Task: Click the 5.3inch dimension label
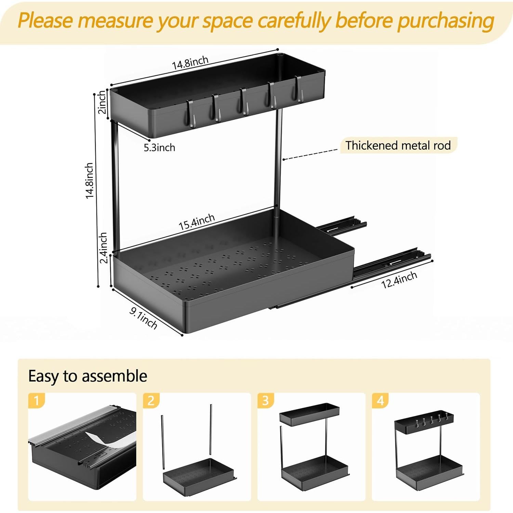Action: pos(159,148)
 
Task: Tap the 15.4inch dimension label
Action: pos(197,222)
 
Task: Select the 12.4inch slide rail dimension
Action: pos(399,280)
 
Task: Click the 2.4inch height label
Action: pos(103,248)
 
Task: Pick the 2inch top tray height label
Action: pos(102,102)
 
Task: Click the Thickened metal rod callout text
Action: pos(398,145)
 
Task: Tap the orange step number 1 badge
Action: pos(37,400)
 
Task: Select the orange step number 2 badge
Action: pos(151,400)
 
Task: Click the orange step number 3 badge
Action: pos(265,400)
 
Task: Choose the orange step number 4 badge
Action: pos(380,400)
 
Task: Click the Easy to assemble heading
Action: pos(88,376)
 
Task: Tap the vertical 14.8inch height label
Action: pos(90,180)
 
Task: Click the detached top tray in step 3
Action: pos(309,414)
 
